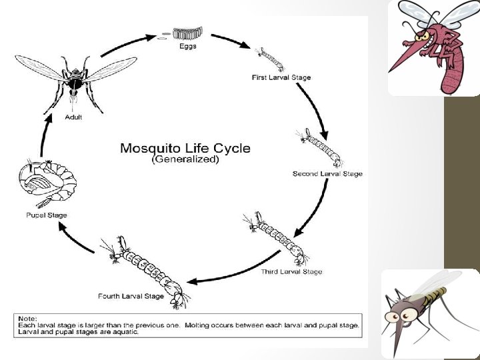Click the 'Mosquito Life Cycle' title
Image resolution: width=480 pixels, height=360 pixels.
point(185,148)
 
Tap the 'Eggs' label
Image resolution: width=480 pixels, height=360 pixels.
point(188,46)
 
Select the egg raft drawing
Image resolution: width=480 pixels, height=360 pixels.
point(188,33)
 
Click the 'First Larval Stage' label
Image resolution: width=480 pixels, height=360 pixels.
point(281,77)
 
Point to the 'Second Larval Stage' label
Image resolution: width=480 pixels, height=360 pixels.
point(327,174)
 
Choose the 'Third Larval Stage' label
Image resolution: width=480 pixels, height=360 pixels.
point(291,271)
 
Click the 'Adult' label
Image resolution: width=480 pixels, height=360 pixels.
point(73,117)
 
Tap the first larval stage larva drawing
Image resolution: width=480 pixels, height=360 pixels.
point(272,59)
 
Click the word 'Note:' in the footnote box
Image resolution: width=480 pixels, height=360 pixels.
point(28,318)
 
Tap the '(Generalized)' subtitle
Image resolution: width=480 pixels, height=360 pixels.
point(185,161)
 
